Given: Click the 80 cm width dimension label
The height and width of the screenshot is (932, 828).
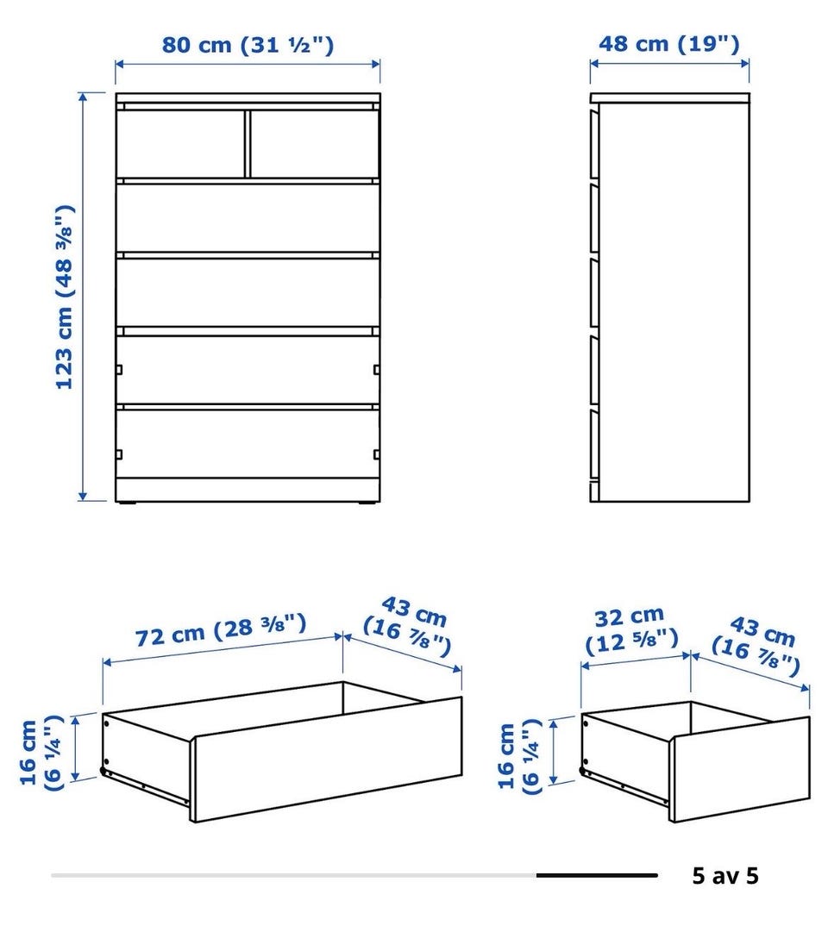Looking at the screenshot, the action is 248,45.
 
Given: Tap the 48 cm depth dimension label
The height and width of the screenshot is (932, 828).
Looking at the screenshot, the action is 668,43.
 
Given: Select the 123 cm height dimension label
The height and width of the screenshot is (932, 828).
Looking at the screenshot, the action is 64,297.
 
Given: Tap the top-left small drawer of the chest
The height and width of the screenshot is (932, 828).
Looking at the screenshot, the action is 179,143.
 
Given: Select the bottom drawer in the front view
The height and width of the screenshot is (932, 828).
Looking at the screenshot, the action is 248,443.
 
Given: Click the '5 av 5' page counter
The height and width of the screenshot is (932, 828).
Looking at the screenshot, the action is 725,876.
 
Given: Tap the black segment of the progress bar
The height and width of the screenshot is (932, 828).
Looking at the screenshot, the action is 597,876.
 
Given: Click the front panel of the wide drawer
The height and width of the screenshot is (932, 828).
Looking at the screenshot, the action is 326,760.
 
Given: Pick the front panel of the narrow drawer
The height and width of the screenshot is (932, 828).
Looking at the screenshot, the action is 740,770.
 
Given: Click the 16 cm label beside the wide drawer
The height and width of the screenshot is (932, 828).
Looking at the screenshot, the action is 41,753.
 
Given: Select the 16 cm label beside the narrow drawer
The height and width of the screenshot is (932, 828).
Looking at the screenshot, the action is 519,756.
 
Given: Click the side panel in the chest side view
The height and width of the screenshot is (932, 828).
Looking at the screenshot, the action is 674,303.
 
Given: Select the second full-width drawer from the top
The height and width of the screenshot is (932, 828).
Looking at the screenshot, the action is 248,291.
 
